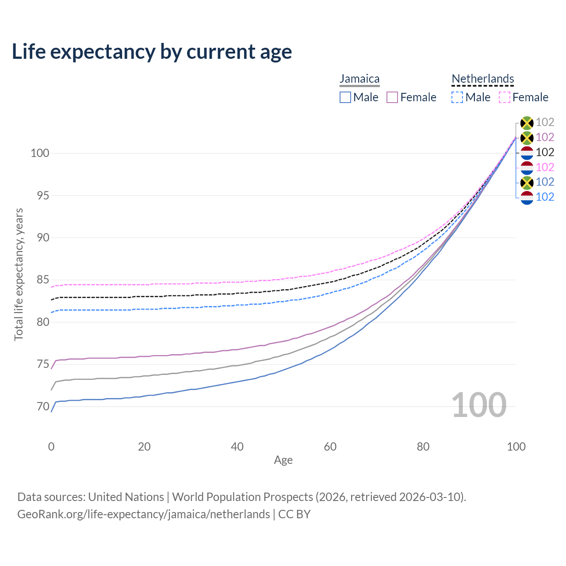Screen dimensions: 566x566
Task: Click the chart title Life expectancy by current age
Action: click(x=152, y=52)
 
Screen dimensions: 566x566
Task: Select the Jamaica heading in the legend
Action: click(x=359, y=79)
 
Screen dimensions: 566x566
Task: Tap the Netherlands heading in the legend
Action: click(x=482, y=79)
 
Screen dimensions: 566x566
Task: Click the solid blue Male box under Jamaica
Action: click(x=345, y=97)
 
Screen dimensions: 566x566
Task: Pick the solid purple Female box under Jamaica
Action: click(x=392, y=97)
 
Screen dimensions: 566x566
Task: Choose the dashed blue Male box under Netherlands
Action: click(x=457, y=97)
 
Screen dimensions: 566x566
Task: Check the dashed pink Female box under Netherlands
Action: click(x=505, y=97)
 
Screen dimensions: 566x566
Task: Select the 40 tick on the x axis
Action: click(x=237, y=447)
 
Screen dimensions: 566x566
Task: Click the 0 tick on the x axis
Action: click(x=51, y=447)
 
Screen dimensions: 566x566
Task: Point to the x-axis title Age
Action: click(x=283, y=460)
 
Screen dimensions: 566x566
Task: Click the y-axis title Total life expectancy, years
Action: click(x=19, y=274)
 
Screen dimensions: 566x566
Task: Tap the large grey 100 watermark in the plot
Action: click(x=479, y=405)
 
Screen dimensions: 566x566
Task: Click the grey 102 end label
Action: click(x=545, y=122)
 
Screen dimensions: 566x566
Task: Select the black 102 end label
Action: click(x=545, y=152)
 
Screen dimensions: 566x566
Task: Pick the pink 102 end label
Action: click(x=545, y=167)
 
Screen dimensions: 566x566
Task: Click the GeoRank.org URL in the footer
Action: click(x=144, y=514)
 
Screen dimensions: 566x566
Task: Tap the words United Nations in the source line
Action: click(x=126, y=497)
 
